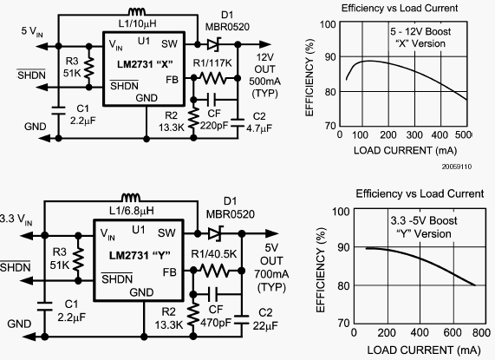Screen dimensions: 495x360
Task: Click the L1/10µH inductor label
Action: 137,23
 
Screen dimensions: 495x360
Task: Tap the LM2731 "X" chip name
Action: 145,64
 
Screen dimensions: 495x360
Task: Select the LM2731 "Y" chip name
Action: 140,255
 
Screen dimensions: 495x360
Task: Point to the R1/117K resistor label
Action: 212,63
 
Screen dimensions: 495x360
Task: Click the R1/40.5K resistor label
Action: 214,254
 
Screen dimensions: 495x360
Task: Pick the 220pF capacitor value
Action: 214,126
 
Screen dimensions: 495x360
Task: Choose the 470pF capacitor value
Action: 216,323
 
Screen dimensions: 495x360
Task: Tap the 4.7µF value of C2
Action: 259,128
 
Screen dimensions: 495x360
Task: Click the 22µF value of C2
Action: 265,325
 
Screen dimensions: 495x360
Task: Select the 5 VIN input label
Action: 32,31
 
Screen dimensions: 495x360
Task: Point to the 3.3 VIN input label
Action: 16,219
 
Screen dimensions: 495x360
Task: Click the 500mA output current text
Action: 264,82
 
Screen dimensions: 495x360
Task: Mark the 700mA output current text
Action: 271,274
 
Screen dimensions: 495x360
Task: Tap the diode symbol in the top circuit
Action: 214,44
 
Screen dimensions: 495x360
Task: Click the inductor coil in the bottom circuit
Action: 131,198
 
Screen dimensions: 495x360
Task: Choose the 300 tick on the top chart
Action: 414,135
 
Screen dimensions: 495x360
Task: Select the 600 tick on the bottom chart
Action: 453,332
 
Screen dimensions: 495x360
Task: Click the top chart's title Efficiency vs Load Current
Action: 400,8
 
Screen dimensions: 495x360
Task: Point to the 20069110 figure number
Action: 457,167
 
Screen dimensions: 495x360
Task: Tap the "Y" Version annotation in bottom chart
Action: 424,234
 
